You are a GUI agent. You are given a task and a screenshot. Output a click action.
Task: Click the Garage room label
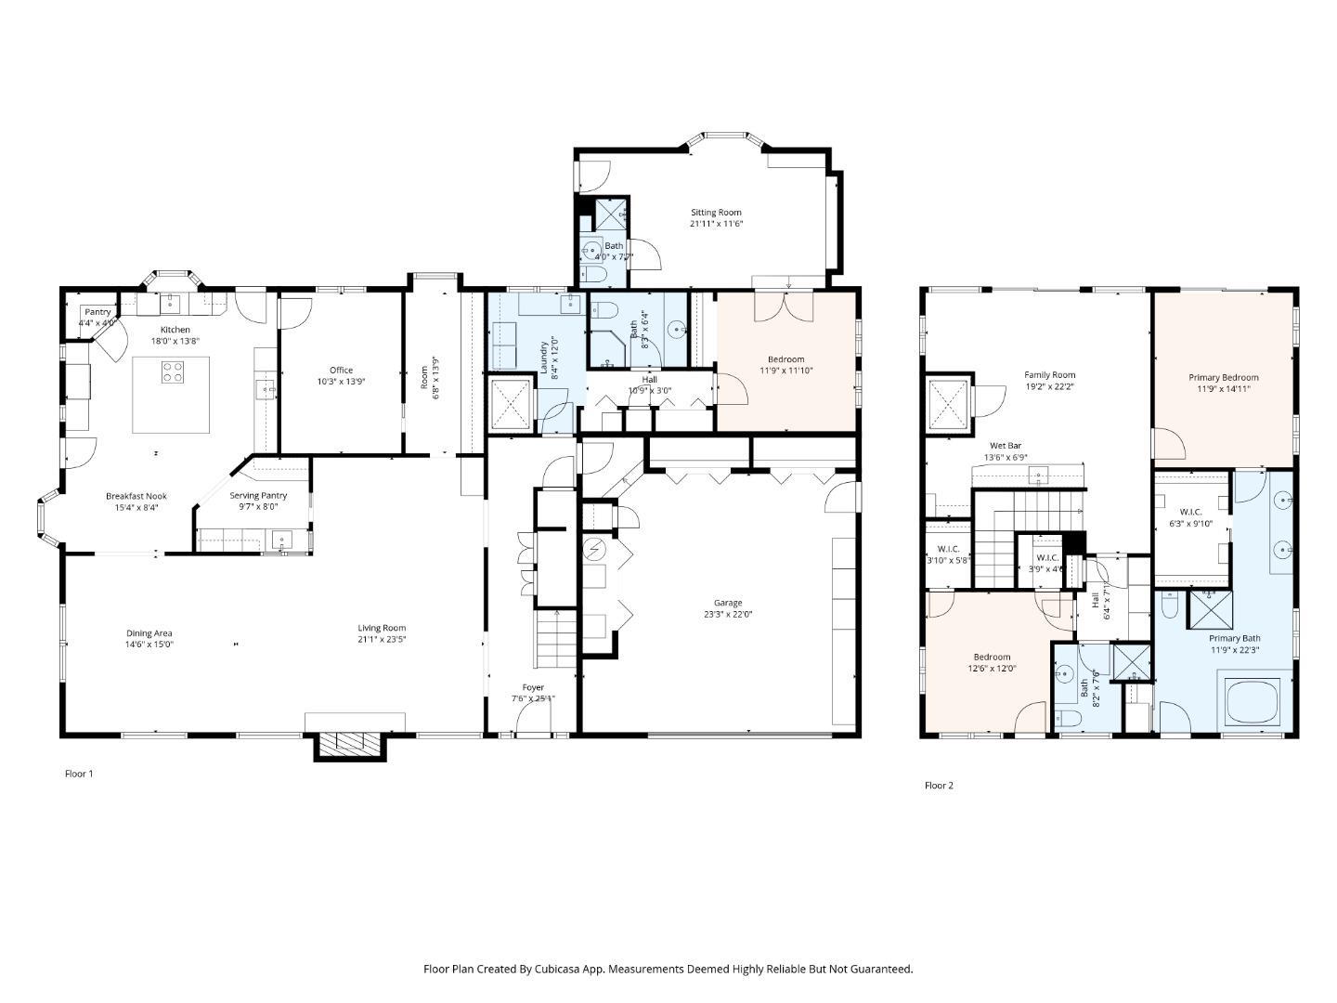[x=728, y=603]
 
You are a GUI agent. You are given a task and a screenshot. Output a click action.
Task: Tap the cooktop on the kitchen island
[x=173, y=372]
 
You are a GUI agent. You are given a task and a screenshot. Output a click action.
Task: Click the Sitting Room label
[x=716, y=213]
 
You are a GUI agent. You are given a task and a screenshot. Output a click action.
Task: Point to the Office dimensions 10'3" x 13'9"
[x=341, y=382]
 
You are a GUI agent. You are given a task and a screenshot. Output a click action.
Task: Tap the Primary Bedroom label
[x=1223, y=377]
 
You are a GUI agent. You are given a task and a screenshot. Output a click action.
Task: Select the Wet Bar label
[x=1005, y=446]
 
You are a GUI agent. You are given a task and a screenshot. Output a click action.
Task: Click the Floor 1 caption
[x=79, y=774]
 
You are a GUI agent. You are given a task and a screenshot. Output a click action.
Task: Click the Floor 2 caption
[x=939, y=786]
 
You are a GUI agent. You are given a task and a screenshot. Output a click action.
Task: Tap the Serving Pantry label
[x=258, y=496]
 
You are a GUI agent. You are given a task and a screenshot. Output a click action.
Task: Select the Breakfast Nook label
[x=136, y=496]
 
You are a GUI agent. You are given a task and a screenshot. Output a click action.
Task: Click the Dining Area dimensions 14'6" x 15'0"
[x=149, y=645]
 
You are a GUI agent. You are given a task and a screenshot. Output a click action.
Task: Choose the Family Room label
[x=1050, y=375]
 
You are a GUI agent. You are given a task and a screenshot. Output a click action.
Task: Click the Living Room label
[x=382, y=628]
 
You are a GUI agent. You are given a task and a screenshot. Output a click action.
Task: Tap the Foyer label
[x=533, y=687]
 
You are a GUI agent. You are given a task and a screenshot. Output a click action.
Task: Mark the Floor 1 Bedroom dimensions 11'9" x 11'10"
[x=785, y=371]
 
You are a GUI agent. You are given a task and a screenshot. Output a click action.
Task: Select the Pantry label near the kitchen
[x=97, y=312]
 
